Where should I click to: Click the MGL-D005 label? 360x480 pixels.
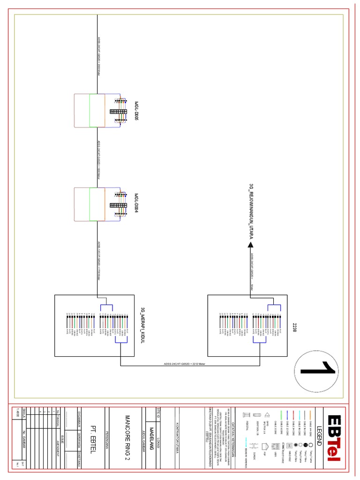pyautogui.click(x=136, y=111)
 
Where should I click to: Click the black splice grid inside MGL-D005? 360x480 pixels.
pyautogui.click(x=119, y=112)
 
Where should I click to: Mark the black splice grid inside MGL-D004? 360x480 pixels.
pyautogui.click(x=118, y=205)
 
